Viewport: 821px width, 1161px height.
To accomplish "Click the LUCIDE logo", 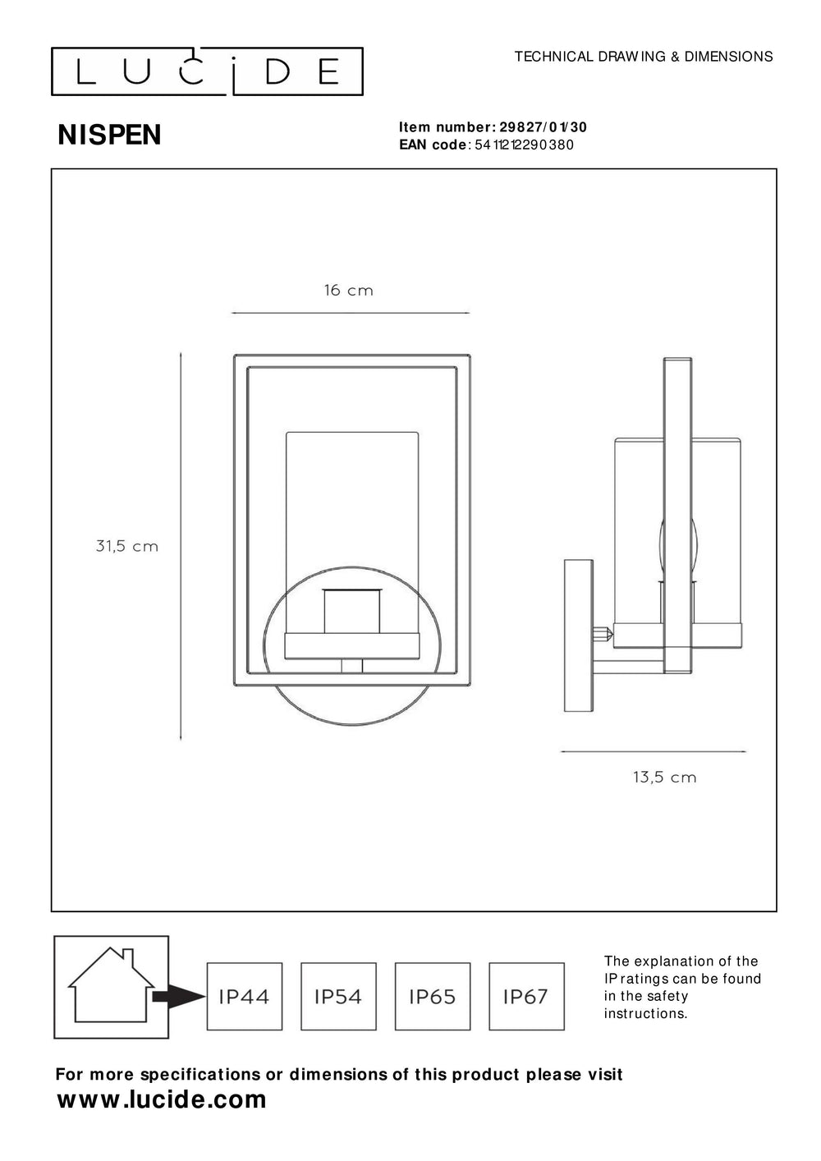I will [x=207, y=72].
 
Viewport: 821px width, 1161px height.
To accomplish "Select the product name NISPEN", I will [x=109, y=135].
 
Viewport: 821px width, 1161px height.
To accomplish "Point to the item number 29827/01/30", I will [x=543, y=127].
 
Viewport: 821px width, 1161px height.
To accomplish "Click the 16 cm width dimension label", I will [x=348, y=291].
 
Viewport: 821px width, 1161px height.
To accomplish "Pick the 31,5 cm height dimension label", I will [x=127, y=546].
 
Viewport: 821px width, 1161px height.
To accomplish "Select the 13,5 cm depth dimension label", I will [x=664, y=777].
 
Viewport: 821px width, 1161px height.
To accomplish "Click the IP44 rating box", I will [x=245, y=996].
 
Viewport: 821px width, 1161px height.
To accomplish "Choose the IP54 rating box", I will [x=338, y=996].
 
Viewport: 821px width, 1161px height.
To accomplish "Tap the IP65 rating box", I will [x=433, y=996].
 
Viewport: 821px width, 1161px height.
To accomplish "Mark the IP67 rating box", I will [x=526, y=996].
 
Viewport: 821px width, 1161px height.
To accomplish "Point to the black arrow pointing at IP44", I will [x=179, y=997].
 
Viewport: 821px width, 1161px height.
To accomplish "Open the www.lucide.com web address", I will [x=162, y=1100].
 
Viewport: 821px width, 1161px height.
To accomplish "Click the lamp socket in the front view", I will [x=352, y=612].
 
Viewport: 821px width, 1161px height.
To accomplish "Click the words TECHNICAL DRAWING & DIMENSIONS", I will [x=643, y=57].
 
